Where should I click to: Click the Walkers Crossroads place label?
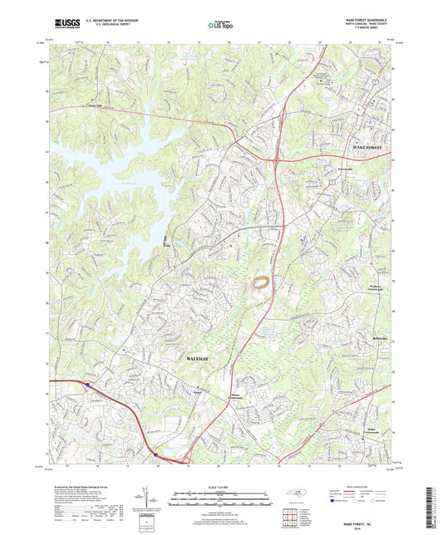pos(372,288)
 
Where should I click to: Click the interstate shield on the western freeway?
pos(86,383)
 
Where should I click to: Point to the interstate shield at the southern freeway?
pos(155,454)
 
